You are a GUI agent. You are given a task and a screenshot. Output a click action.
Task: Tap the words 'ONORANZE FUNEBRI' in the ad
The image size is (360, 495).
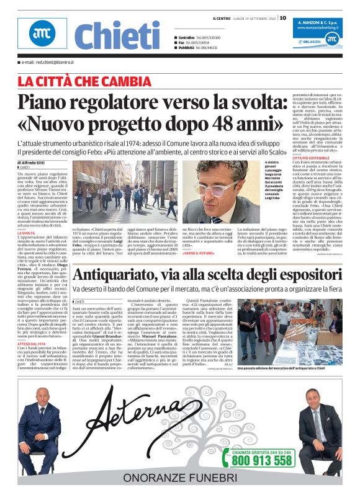[180, 478]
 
